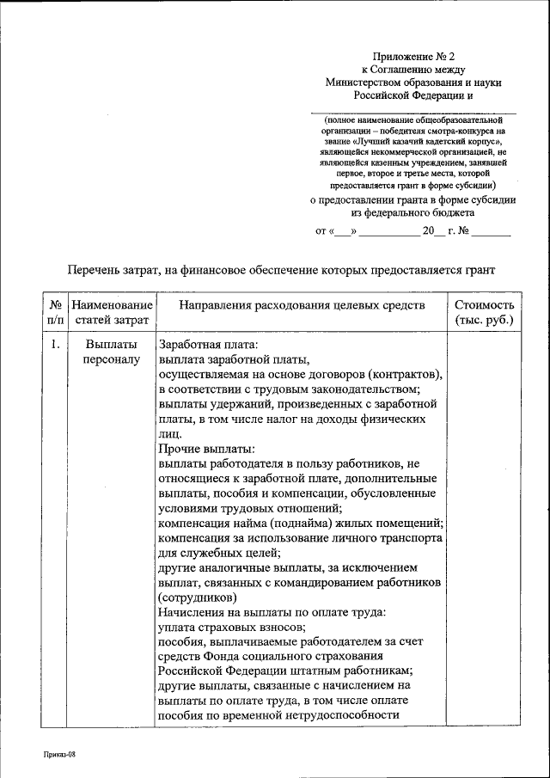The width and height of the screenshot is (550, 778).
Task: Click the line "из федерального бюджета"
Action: pyautogui.click(x=412, y=212)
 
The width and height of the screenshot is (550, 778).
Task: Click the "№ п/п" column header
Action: pyautogui.click(x=54, y=313)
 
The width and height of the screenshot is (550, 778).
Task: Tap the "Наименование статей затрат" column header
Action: pyautogui.click(x=112, y=313)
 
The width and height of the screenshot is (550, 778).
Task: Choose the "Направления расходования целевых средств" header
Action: pyautogui.click(x=301, y=305)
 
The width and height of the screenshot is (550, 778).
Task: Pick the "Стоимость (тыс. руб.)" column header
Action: pyautogui.click(x=484, y=313)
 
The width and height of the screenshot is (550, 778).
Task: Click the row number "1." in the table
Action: pyautogui.click(x=54, y=345)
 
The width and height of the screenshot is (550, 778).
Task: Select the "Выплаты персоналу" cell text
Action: pyautogui.click(x=112, y=352)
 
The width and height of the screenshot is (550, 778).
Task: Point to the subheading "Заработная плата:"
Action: pyautogui.click(x=203, y=345)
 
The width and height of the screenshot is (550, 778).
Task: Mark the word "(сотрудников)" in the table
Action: pyautogui.click(x=198, y=597)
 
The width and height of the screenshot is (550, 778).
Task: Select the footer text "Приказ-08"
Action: pyautogui.click(x=61, y=754)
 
